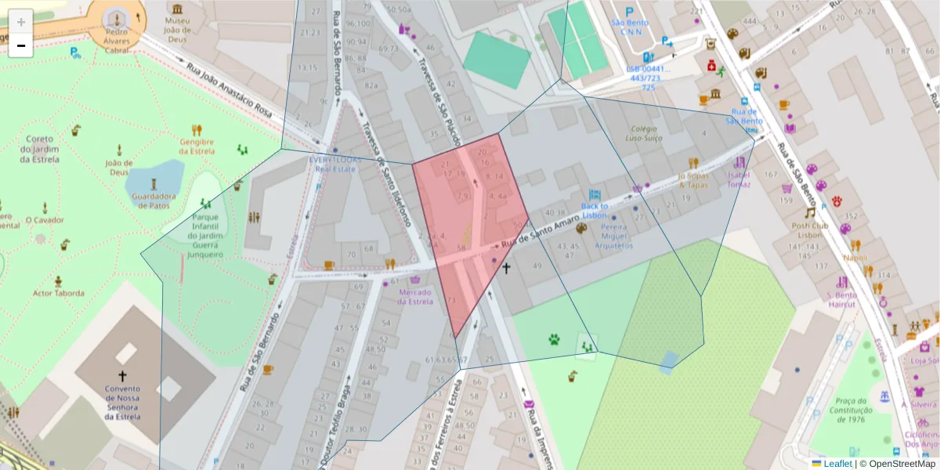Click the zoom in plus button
pyautogui.click(x=21, y=21)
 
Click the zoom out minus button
pyautogui.click(x=21, y=45)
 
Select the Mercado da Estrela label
pyautogui.click(x=416, y=297)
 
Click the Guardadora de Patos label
pyautogui.click(x=153, y=201)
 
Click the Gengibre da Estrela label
pyautogui.click(x=197, y=146)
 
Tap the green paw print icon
pyautogui.click(x=554, y=339)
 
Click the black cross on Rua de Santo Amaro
pyautogui.click(x=506, y=269)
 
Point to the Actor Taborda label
pyautogui.click(x=58, y=294)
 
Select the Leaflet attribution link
pyautogui.click(x=837, y=464)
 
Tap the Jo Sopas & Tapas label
pyautogui.click(x=692, y=180)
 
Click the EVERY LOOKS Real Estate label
pyautogui.click(x=336, y=163)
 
